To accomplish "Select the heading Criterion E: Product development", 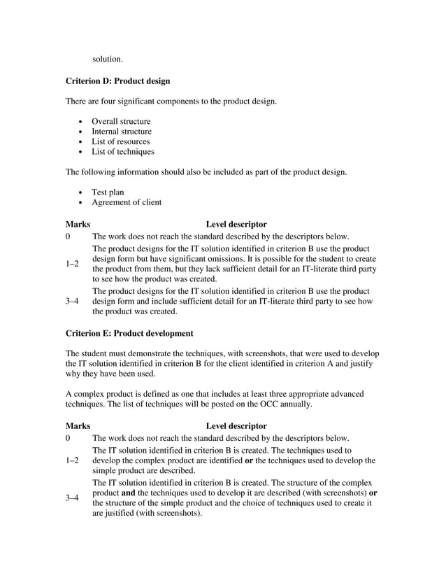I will (129, 333).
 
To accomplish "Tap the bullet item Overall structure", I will (121, 122).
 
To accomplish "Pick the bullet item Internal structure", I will (122, 132).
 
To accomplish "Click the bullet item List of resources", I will (120, 141).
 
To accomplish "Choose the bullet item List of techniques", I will (123, 151).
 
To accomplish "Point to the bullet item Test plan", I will (108, 192).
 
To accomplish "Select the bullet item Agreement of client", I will (127, 202).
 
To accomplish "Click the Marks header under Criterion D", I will (78, 225).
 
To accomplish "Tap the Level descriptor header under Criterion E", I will (236, 425).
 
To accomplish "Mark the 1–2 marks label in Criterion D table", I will (72, 263).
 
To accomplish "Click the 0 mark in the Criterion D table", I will (68, 237).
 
